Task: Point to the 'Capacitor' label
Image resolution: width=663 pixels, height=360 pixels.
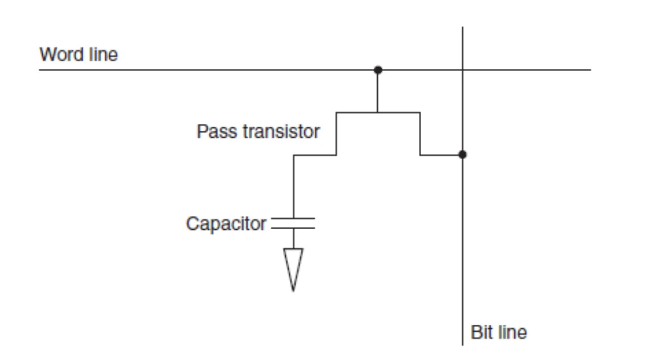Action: [x=226, y=224]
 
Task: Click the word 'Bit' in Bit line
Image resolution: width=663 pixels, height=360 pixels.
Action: [x=481, y=333]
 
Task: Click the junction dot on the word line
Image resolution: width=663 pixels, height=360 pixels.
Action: [x=378, y=70]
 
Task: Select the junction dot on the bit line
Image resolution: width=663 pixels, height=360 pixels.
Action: [x=463, y=155]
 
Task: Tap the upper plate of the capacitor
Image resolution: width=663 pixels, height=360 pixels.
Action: [x=293, y=218]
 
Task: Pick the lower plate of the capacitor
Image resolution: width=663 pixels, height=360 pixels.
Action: [x=293, y=228]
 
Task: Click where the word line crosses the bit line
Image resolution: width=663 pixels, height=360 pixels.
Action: [x=463, y=70]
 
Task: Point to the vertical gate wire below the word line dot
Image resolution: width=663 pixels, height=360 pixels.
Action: [x=377, y=91]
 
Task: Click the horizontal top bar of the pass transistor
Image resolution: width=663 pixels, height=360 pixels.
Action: [x=378, y=113]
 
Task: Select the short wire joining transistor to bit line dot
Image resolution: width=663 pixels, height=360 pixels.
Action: [x=441, y=155]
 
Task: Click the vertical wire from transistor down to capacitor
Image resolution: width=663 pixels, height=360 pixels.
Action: [x=294, y=187]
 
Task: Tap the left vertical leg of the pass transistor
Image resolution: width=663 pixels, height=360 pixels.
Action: [x=336, y=134]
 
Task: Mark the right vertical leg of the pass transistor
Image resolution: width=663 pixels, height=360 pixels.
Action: [x=420, y=134]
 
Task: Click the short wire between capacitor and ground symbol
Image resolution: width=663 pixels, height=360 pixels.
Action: [x=294, y=238]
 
